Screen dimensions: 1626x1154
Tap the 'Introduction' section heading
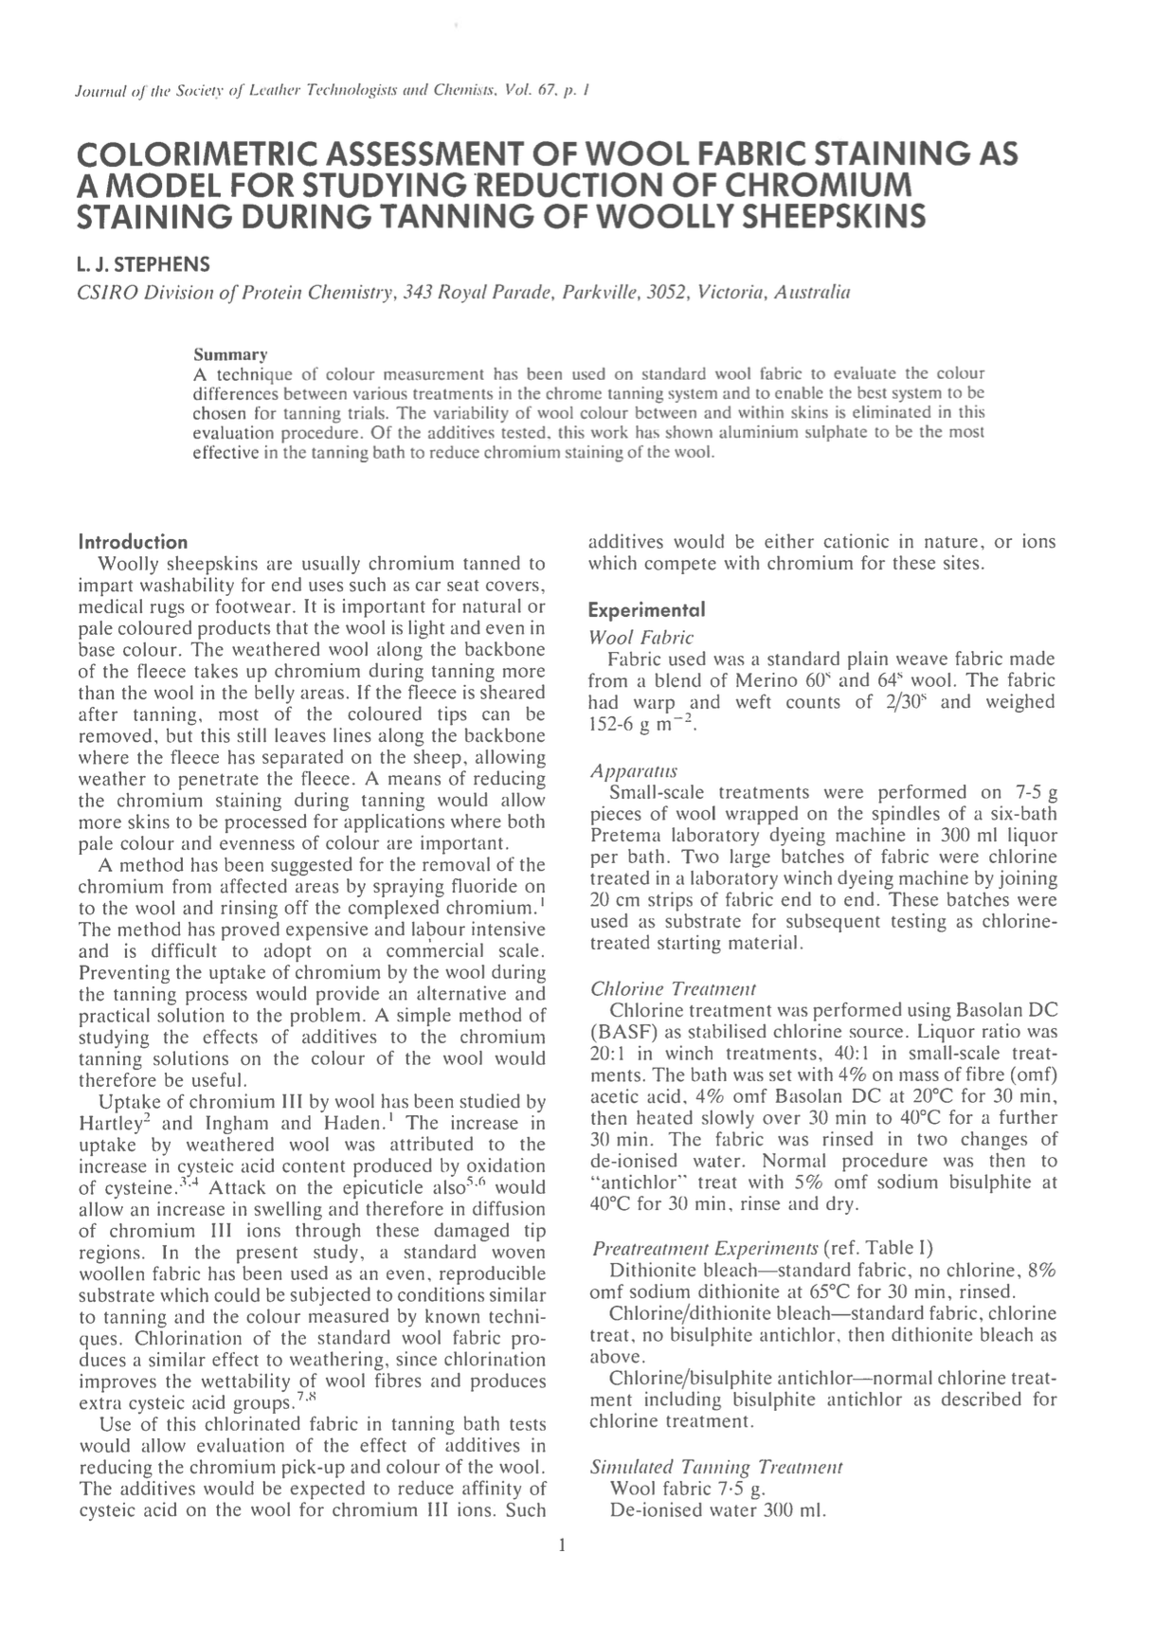133,542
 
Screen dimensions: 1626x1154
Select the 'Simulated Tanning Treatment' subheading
716,1468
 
